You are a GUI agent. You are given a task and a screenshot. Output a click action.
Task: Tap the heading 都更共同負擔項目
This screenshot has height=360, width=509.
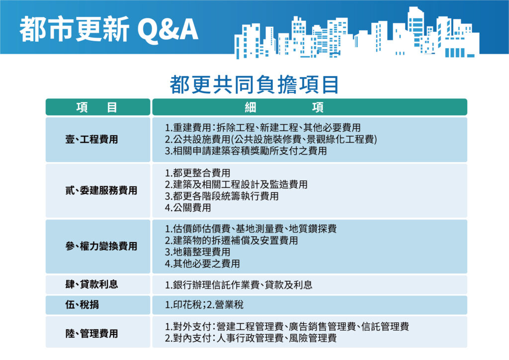(254, 85)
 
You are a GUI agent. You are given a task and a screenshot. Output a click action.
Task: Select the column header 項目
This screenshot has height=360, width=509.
(97, 107)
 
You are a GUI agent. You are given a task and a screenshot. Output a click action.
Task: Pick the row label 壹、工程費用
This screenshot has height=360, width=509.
(92, 139)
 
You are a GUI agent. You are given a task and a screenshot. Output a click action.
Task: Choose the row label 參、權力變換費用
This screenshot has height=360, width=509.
(101, 246)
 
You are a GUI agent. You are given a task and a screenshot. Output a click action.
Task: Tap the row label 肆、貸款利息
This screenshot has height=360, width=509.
(92, 284)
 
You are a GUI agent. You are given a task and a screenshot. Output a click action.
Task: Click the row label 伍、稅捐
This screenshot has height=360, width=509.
(82, 304)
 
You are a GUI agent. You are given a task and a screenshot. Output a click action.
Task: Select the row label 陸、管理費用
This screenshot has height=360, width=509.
(92, 333)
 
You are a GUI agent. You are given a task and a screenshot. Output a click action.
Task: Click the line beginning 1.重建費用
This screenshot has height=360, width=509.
(263, 127)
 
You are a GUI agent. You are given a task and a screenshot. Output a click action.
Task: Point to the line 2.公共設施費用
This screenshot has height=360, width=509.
(271, 139)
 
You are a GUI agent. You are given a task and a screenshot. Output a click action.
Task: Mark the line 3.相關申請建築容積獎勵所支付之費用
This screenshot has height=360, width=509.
(246, 151)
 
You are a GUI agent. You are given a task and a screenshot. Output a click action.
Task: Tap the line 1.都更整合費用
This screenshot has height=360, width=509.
(198, 173)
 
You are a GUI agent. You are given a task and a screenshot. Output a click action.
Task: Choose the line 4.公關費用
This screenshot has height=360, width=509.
(188, 208)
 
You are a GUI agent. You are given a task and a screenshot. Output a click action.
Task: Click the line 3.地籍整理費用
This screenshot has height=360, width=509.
(198, 252)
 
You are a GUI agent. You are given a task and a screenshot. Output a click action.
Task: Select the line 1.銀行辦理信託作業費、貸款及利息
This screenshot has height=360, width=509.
(239, 285)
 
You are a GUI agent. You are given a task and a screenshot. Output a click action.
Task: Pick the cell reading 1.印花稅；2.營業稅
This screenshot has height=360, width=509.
(204, 304)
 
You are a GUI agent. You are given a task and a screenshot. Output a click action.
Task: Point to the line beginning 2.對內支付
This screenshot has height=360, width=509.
(251, 339)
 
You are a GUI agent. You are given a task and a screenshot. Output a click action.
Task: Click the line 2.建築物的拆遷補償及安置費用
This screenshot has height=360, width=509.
(232, 241)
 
